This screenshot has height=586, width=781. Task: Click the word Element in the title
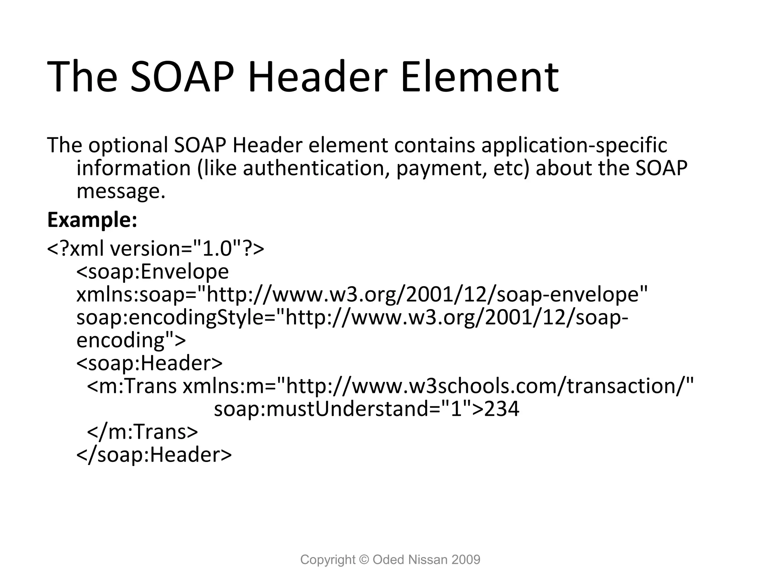point(479,77)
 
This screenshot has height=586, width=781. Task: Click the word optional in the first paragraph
point(128,145)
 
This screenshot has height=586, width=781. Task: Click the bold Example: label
point(92,220)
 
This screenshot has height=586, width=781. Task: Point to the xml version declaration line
point(155,249)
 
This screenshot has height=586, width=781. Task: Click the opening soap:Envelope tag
point(153,272)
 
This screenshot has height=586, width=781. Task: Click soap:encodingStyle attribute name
point(175,318)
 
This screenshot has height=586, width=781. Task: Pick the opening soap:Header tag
point(149,363)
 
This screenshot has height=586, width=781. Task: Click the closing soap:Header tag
point(154,455)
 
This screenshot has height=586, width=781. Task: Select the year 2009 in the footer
point(466,560)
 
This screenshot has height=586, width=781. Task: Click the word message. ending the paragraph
point(121,192)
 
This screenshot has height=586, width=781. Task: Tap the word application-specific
point(574,145)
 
